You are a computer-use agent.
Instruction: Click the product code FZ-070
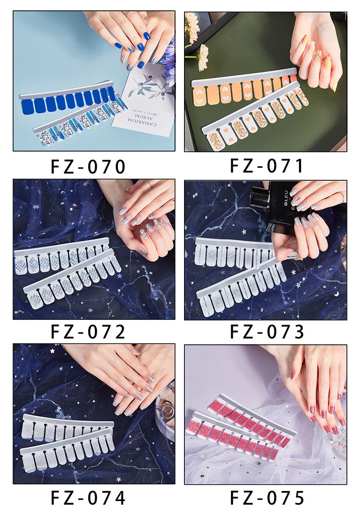pyautogui.click(x=88, y=166)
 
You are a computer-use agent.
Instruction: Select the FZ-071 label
pyautogui.click(x=267, y=165)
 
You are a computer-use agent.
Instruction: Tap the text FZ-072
pyautogui.click(x=88, y=332)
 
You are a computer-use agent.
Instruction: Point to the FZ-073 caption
pyautogui.click(x=267, y=332)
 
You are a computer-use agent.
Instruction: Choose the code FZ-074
pyautogui.click(x=88, y=498)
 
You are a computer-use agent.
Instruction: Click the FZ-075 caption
pyautogui.click(x=267, y=498)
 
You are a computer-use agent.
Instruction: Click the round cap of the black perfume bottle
pyautogui.click(x=260, y=197)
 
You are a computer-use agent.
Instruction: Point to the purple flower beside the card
pyautogui.click(x=169, y=58)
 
